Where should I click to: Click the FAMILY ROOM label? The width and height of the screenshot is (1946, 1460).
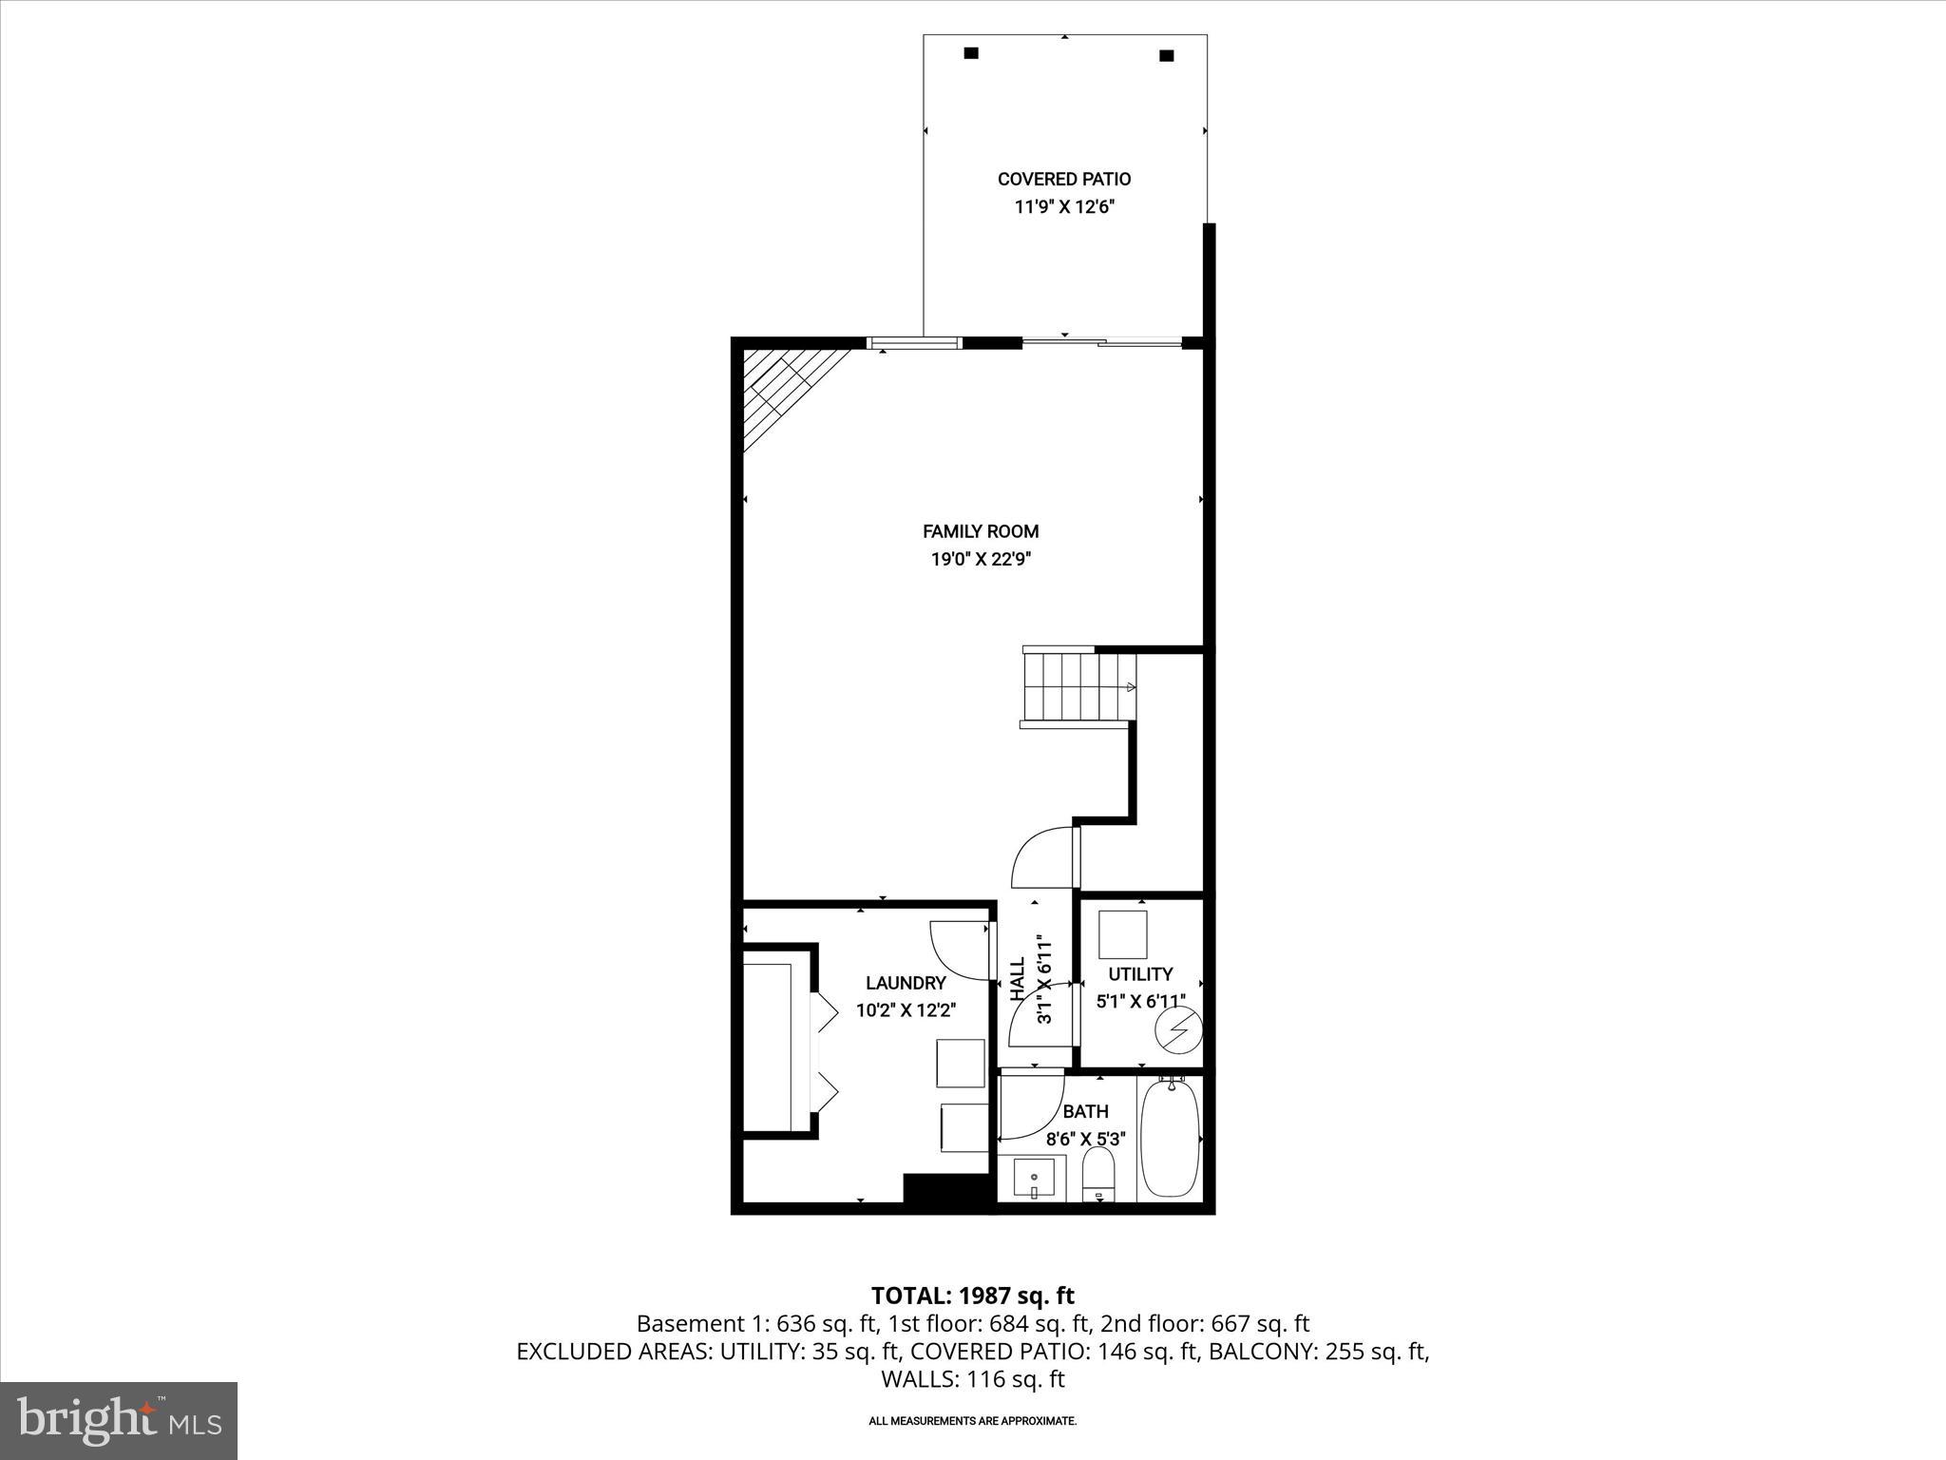(x=981, y=531)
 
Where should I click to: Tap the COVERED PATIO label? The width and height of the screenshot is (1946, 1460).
(x=1064, y=179)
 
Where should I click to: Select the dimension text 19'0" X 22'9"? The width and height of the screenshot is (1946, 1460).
(x=981, y=560)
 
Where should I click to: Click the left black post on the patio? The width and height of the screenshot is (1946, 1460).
(x=971, y=53)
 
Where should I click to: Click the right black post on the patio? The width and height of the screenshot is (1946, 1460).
(x=1167, y=55)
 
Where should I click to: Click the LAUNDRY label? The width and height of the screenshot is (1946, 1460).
(x=906, y=983)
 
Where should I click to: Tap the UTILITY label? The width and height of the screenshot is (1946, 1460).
(x=1140, y=973)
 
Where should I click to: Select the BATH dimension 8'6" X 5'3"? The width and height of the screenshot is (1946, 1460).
(x=1085, y=1139)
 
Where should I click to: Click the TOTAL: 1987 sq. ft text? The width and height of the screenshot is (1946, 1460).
(x=972, y=1296)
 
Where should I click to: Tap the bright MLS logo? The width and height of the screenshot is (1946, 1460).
(x=119, y=1420)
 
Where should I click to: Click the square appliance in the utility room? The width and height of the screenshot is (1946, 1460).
(x=1123, y=934)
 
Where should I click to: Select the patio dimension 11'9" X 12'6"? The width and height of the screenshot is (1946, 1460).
(x=1064, y=207)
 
